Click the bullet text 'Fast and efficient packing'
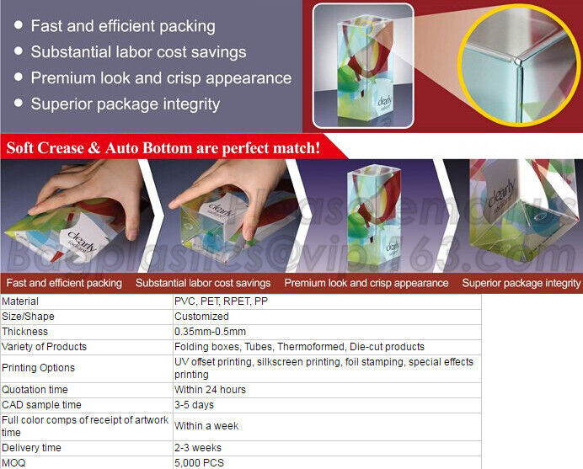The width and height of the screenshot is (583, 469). click(123, 26)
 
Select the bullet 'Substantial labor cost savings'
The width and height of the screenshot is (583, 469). click(138, 52)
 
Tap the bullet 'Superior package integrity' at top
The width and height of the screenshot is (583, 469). click(126, 104)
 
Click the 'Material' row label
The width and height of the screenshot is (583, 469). click(20, 301)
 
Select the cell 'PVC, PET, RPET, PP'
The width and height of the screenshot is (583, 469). click(221, 301)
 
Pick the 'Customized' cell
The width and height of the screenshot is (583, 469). click(201, 317)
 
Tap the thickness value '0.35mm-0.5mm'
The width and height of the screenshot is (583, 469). click(210, 332)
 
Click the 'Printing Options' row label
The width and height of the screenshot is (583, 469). click(39, 368)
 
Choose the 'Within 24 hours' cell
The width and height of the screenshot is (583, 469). click(210, 390)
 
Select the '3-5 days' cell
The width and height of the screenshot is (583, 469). click(193, 405)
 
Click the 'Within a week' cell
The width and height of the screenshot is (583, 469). click(206, 426)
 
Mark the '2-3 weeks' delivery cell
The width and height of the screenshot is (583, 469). click(198, 448)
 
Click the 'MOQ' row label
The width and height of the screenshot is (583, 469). click(13, 462)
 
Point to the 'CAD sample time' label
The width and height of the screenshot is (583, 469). click(41, 405)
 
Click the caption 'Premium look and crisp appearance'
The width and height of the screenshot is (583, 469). click(366, 283)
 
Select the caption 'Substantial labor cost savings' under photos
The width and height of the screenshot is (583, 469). click(203, 283)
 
